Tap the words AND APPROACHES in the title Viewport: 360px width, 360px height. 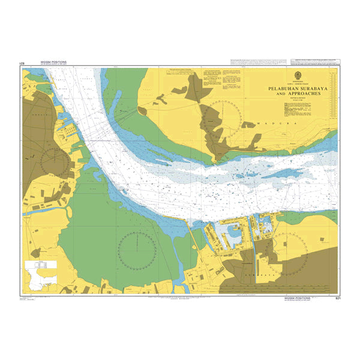coord(294,94)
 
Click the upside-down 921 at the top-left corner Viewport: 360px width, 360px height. coord(23,63)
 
